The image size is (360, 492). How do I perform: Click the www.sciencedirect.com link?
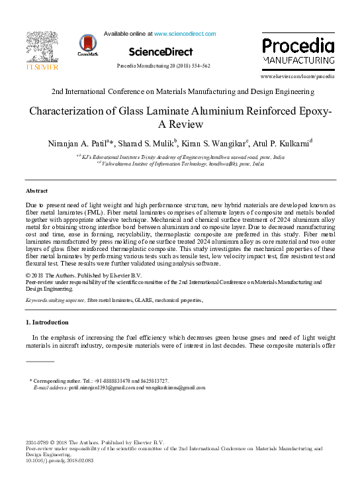(185, 34)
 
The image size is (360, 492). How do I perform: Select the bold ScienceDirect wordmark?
(161, 52)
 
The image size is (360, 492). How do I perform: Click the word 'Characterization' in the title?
(71, 111)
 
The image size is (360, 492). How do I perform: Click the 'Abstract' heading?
(36, 191)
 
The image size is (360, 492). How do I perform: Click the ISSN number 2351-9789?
(38, 442)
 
